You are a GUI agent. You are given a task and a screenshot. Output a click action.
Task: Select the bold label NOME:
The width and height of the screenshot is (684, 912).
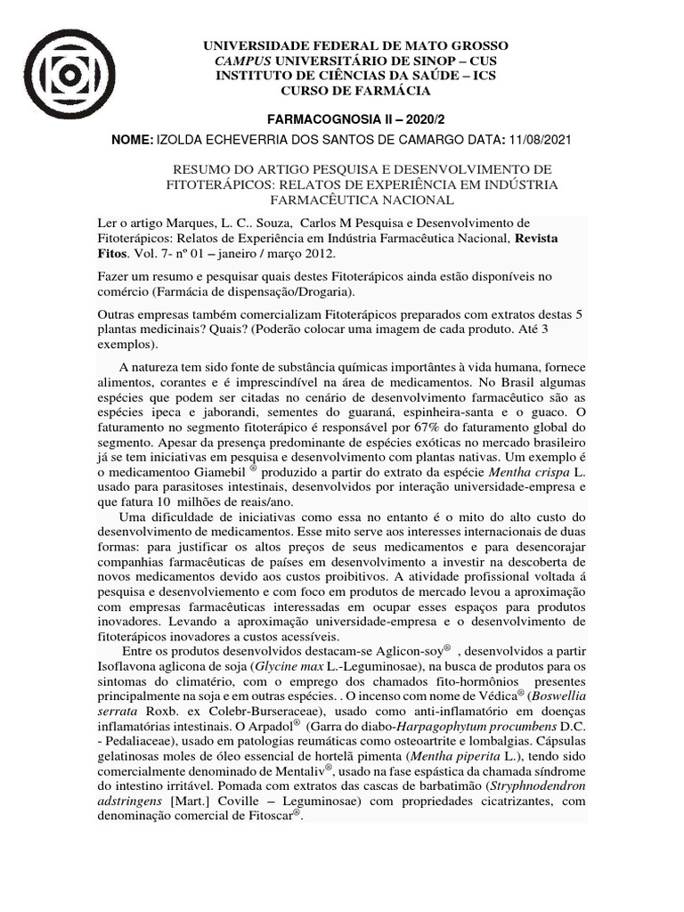tap(131, 140)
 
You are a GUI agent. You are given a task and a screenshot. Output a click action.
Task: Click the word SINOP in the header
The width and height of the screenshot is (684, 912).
tap(406, 61)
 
